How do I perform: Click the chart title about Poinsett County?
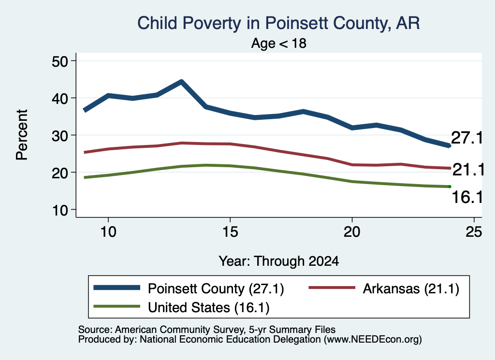pos(278,23)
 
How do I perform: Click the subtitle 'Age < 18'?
pos(279,43)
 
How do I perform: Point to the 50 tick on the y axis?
pos(60,61)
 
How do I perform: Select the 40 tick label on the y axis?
pos(60,98)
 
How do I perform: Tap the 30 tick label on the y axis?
pos(60,135)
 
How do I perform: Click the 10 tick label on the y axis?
pos(60,210)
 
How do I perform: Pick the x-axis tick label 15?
pos(230,232)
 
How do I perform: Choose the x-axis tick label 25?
pos(474,232)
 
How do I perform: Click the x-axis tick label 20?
pos(352,232)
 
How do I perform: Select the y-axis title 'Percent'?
pos(22,135)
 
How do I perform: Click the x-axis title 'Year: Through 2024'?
pos(279,261)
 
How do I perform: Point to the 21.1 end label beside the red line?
pos(468,170)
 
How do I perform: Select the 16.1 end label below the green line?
pos(467,198)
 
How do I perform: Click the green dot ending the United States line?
pos(450,187)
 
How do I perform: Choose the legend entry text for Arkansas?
pos(411,288)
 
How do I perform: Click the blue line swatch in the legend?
pos(117,288)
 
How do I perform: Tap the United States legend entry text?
pos(209,307)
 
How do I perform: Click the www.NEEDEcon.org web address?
pos(373,340)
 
